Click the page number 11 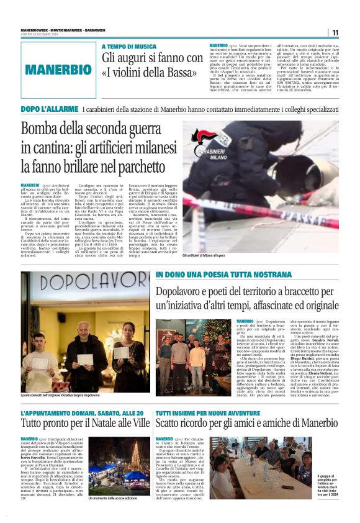pyautogui.click(x=335, y=32)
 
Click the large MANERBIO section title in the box pyautogui.click(x=58, y=70)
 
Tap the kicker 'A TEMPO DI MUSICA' pyautogui.click(x=129, y=47)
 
